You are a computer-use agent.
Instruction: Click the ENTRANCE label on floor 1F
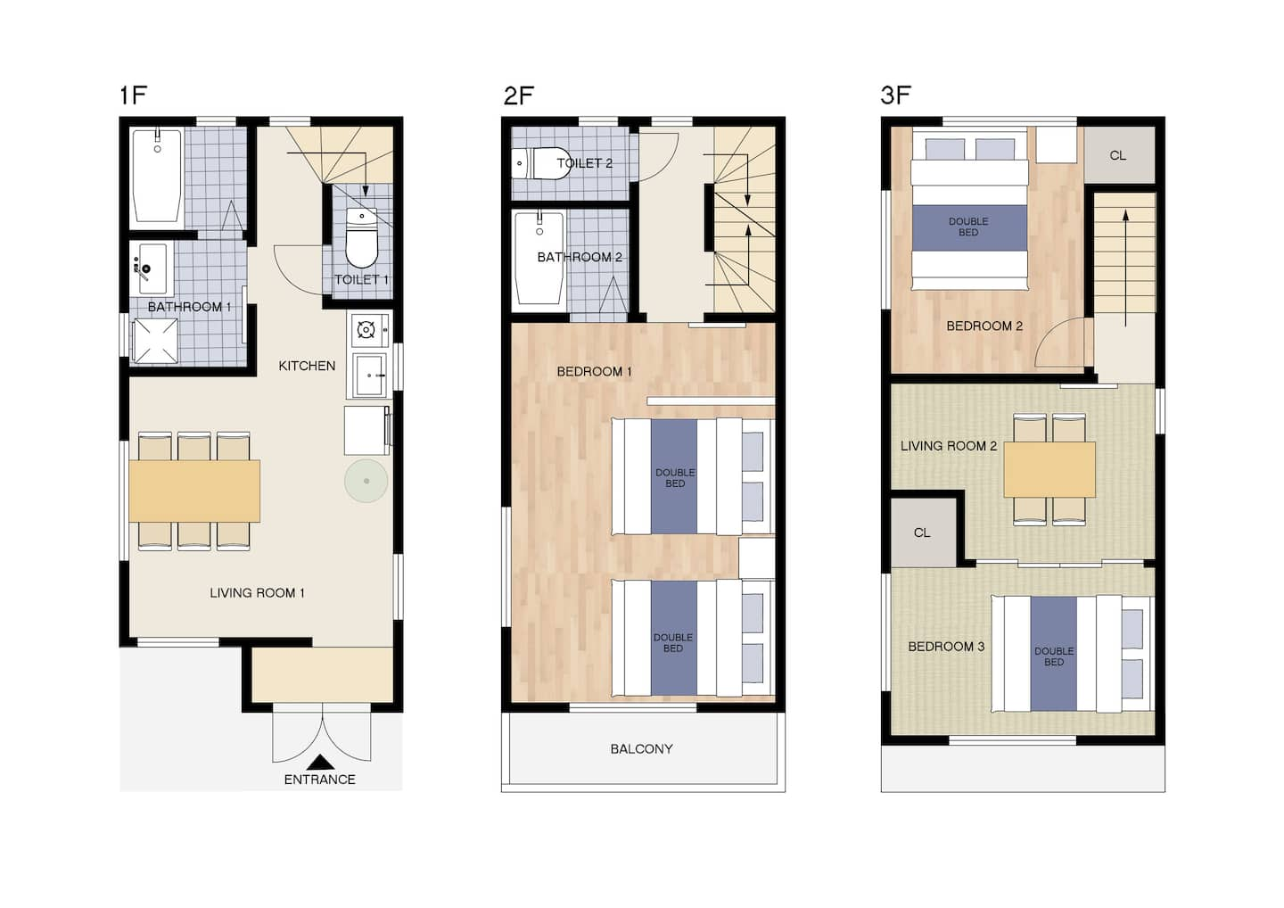[x=320, y=780]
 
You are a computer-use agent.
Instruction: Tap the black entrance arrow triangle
[x=320, y=763]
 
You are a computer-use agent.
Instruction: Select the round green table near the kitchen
[x=366, y=481]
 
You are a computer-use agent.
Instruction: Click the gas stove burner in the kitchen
[x=366, y=330]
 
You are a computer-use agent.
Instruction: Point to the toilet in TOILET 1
[x=362, y=238]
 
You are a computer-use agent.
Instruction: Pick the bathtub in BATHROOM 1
[x=157, y=176]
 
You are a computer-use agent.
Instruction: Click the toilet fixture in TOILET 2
[x=541, y=163]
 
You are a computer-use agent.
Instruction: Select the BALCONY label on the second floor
[x=641, y=749]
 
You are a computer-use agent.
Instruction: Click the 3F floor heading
[x=896, y=95]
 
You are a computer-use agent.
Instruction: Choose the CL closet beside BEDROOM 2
[x=1120, y=155]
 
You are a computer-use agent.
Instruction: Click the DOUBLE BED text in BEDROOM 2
[x=968, y=227]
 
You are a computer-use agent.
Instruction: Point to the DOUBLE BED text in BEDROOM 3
[x=1054, y=656]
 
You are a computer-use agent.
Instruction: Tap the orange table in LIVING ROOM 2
[x=1049, y=469]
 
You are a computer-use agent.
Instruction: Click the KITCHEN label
[x=308, y=366]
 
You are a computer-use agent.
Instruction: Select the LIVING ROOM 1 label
[x=257, y=593]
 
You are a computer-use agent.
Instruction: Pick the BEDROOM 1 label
[x=595, y=371]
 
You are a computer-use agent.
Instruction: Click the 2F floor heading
[x=519, y=95]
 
